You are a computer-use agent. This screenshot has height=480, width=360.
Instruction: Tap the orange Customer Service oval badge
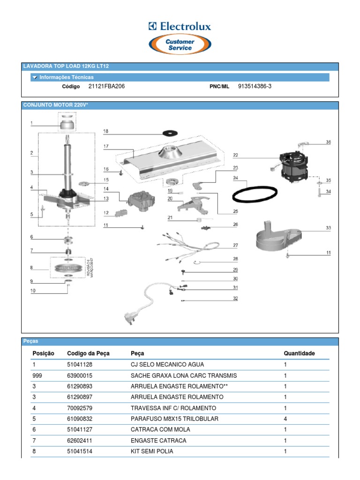tap(180, 45)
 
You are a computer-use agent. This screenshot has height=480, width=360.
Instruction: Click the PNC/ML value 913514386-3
tap(255, 87)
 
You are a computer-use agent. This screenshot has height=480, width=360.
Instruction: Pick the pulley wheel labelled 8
tap(68, 268)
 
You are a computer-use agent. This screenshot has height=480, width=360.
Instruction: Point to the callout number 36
tap(328, 142)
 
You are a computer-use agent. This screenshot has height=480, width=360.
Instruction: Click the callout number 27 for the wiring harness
tap(235, 245)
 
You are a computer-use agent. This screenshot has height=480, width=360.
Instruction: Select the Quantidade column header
tap(299, 353)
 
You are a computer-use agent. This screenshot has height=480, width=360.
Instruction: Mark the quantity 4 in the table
tap(285, 419)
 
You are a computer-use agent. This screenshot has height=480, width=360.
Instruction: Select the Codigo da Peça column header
tap(88, 353)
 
